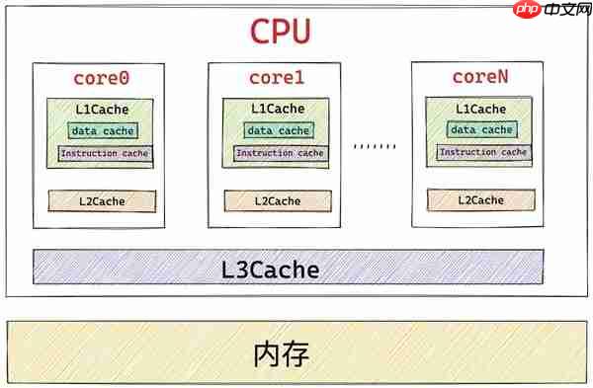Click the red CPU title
281,32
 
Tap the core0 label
103,77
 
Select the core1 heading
278,77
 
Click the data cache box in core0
103,130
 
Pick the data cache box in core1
279,130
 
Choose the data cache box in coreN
481,129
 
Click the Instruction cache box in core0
104,154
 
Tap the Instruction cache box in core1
280,154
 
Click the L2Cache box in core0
103,201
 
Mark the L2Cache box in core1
278,201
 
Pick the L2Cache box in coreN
480,200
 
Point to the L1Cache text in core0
103,109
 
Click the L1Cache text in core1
278,109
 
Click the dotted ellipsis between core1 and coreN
375,146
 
